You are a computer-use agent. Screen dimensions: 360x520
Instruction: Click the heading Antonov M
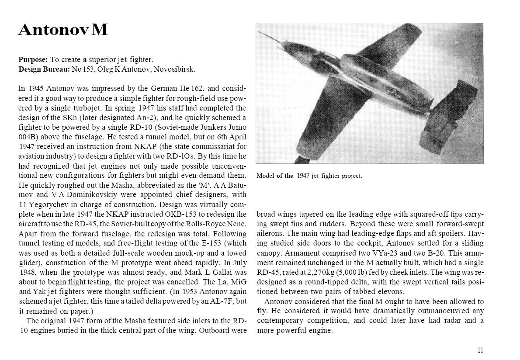63,30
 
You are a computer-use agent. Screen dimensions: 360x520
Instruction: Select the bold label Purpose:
33,59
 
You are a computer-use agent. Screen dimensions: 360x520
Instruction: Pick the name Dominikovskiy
85,194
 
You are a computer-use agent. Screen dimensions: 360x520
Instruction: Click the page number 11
480,350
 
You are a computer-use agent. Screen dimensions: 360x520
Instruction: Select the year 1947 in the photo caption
303,176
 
